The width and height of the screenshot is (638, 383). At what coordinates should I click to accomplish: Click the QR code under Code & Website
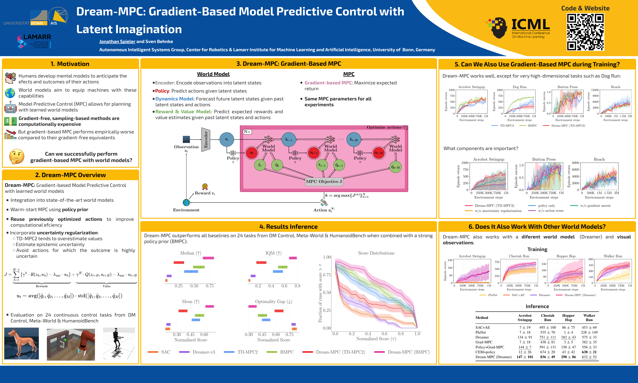click(585, 32)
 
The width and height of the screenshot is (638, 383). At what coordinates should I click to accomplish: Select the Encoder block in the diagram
click(205, 139)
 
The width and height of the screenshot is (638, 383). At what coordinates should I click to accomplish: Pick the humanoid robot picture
click(119, 344)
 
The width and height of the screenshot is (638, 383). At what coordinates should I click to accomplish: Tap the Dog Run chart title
click(519, 87)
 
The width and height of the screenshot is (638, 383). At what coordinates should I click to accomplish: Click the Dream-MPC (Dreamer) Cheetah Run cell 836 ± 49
click(547, 357)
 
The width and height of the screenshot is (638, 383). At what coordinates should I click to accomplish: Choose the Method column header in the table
click(482, 318)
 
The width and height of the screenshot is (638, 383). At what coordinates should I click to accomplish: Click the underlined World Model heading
click(213, 74)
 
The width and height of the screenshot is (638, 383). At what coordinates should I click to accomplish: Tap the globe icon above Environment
click(186, 203)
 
